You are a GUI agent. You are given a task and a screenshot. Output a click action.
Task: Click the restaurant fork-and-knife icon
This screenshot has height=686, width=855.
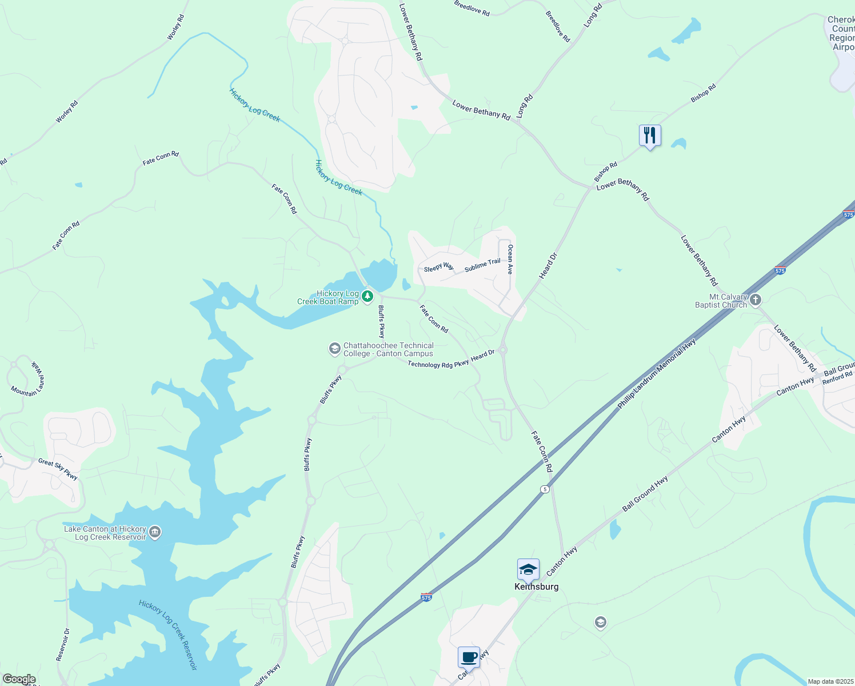[649, 135]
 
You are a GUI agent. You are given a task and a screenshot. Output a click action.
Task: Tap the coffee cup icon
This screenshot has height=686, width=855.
[469, 657]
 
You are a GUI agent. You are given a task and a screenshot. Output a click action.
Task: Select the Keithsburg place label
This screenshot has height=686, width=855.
[536, 587]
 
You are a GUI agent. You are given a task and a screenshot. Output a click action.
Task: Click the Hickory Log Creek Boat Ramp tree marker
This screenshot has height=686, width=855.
[367, 296]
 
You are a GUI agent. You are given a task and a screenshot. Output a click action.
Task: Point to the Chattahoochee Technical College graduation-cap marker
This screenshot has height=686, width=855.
[334, 349]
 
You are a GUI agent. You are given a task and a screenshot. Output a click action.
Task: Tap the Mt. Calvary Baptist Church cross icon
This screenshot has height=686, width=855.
[756, 300]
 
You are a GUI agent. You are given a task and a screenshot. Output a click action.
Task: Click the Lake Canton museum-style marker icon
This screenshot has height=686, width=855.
[155, 533]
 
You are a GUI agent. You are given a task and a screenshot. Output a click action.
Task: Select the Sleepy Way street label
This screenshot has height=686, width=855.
[439, 268]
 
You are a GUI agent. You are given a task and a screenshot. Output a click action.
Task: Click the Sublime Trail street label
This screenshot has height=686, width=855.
[482, 265]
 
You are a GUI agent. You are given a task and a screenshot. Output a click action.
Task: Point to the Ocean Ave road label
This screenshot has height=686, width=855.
[510, 259]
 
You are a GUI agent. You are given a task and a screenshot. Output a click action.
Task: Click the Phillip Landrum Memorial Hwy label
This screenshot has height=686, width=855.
[657, 374]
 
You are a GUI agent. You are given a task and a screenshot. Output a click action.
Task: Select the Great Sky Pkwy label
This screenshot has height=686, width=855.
[58, 469]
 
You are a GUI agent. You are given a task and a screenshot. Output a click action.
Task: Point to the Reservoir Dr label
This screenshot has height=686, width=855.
[63, 645]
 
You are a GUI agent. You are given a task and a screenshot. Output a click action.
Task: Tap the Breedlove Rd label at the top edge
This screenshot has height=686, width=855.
[472, 9]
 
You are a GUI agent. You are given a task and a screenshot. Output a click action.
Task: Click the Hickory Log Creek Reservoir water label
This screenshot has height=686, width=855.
[168, 635]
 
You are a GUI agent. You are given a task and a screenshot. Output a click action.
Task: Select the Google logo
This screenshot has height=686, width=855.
[19, 679]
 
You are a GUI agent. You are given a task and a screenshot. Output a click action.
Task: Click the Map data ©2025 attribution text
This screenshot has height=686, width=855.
[830, 681]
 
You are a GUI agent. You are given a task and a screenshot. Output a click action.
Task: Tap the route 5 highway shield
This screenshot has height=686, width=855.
[545, 489]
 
